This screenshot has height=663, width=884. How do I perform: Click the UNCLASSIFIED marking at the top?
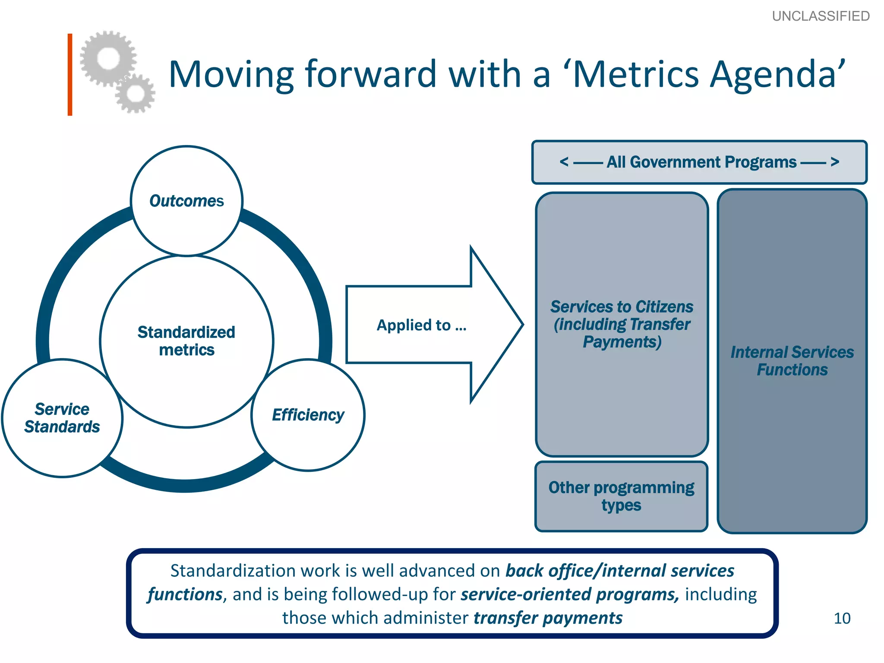point(821,16)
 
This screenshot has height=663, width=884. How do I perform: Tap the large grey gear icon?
point(108,58)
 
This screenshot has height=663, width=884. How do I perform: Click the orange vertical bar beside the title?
point(70,74)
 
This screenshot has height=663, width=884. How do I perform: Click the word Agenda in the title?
point(773,74)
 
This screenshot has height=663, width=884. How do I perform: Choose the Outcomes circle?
point(186,201)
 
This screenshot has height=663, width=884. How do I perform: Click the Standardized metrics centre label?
point(186,341)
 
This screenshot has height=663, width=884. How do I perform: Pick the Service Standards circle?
point(62,418)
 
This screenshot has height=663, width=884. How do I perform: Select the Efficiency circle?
point(308,415)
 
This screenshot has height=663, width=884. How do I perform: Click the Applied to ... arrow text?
point(422,325)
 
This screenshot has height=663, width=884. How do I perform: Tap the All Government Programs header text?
point(701,162)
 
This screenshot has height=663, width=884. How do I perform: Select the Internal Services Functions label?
point(792,361)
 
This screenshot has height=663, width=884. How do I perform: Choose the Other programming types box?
point(621,496)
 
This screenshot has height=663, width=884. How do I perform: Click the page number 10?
point(842,618)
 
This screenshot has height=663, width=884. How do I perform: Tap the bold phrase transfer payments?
point(548,618)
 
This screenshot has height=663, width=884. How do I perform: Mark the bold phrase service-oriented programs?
point(570,594)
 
